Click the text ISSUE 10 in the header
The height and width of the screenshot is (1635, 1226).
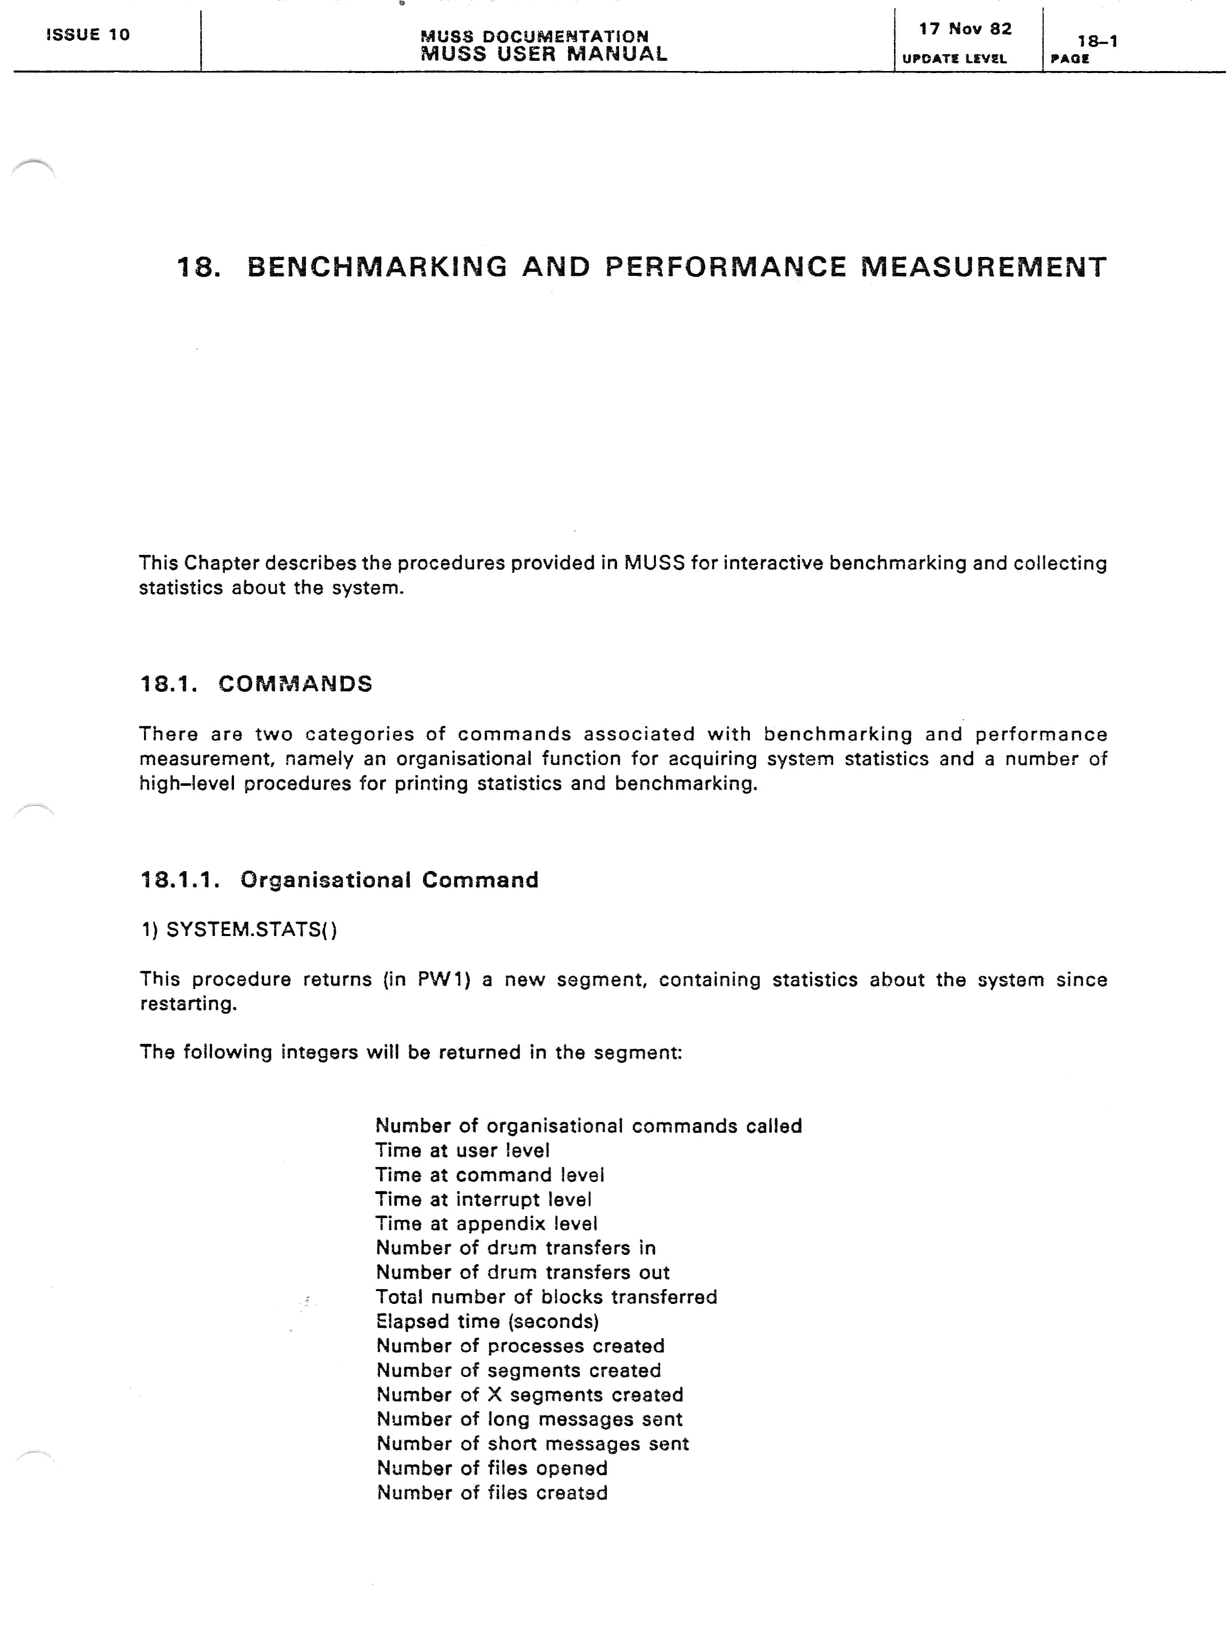point(87,35)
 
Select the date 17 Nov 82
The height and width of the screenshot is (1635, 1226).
point(964,29)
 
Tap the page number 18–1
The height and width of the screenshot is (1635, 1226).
point(1097,41)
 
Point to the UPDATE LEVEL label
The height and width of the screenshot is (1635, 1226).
point(954,59)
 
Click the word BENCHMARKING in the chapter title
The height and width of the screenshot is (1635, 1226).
point(377,267)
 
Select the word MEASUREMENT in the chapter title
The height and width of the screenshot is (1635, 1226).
point(983,267)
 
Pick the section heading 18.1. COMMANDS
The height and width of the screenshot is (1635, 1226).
point(256,684)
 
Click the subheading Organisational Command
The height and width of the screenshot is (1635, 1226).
point(389,880)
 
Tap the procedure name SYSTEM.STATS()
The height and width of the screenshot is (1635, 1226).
point(251,929)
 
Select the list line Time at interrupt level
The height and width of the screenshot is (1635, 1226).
point(483,1199)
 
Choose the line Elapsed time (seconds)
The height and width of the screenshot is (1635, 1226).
point(487,1321)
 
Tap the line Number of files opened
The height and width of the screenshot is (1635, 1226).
point(491,1467)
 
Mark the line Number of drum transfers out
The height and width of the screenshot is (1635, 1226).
point(523,1272)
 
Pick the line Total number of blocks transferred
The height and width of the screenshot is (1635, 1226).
point(546,1296)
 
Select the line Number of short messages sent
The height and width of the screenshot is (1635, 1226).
point(532,1443)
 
